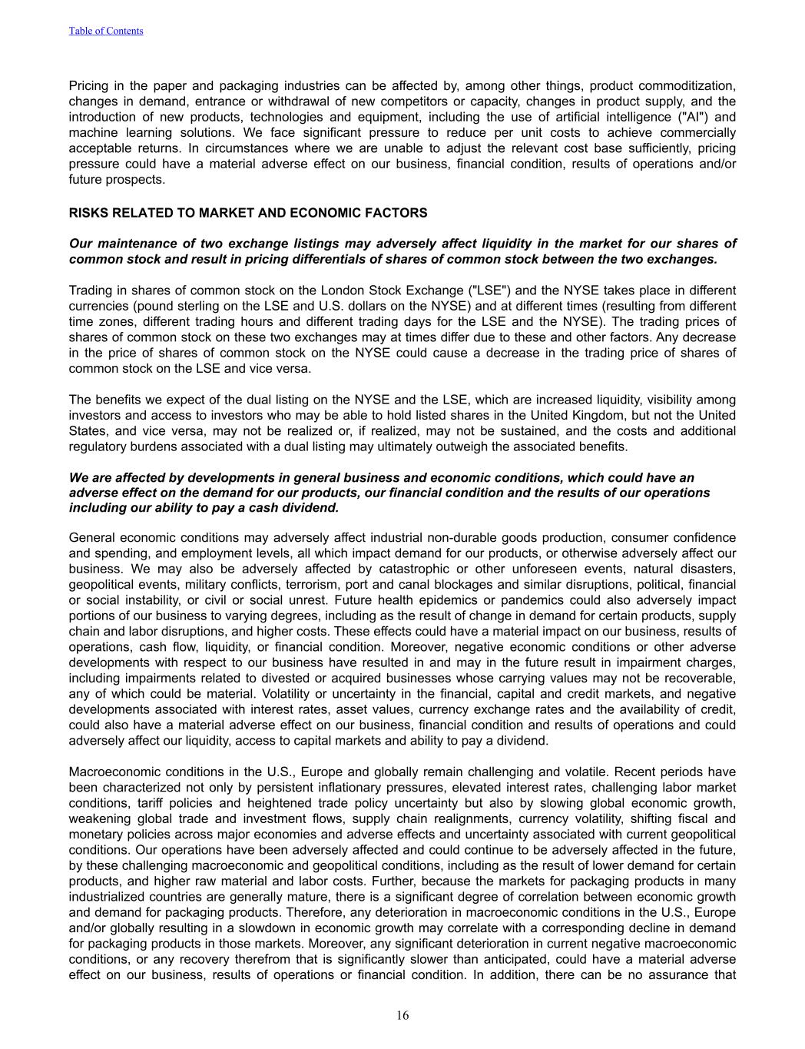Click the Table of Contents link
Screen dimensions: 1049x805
(x=106, y=31)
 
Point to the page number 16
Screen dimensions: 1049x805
(x=402, y=1016)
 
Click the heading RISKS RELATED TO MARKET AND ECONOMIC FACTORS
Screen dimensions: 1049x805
(x=248, y=213)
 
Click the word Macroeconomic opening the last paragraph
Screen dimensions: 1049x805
(x=117, y=772)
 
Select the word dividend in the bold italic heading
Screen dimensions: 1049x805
(x=312, y=508)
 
